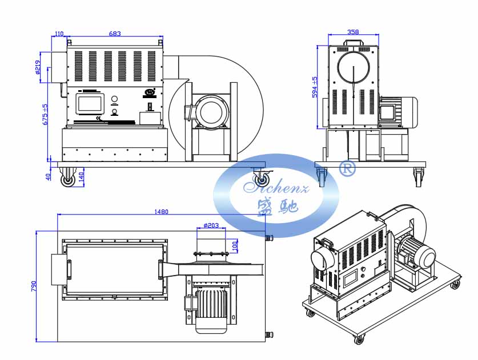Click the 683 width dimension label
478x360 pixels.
115,34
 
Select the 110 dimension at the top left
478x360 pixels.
58,34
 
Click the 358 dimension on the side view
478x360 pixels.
353,33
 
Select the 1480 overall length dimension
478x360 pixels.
161,212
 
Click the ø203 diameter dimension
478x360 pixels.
211,225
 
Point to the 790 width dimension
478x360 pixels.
34,285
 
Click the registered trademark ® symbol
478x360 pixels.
347,168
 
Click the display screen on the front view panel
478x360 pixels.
90,104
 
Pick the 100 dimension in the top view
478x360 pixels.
234,245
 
